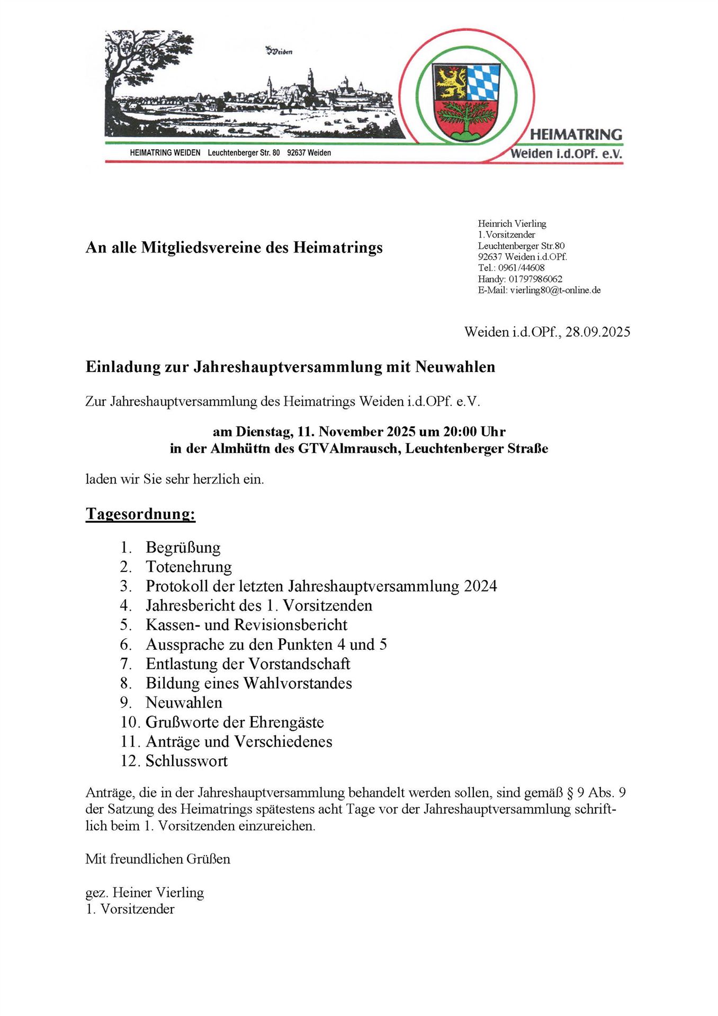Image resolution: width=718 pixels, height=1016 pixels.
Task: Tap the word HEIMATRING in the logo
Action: click(576, 135)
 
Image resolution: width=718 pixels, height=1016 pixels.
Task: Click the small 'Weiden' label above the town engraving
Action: click(279, 51)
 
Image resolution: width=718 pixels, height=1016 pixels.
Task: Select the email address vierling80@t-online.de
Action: click(555, 290)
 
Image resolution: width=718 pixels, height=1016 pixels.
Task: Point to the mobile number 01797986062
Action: click(535, 279)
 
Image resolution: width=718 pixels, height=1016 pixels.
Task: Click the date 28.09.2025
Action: click(598, 332)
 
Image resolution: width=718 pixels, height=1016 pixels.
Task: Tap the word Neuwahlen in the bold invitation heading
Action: click(455, 367)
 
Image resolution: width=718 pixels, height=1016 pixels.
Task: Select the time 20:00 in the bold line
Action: click(460, 431)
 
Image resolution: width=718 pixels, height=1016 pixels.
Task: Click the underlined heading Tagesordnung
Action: click(140, 514)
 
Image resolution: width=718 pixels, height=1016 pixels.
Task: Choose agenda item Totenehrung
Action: click(189, 567)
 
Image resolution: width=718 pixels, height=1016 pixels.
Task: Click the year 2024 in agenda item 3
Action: click(480, 586)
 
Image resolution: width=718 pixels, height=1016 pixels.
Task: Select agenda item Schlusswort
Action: click(186, 761)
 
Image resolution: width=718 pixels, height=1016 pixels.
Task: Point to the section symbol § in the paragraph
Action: click(570, 793)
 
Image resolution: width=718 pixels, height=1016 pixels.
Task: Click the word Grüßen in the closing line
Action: click(209, 859)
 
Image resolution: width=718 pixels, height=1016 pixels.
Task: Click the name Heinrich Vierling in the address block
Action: click(511, 224)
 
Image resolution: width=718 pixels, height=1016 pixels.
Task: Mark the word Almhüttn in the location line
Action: click(237, 449)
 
